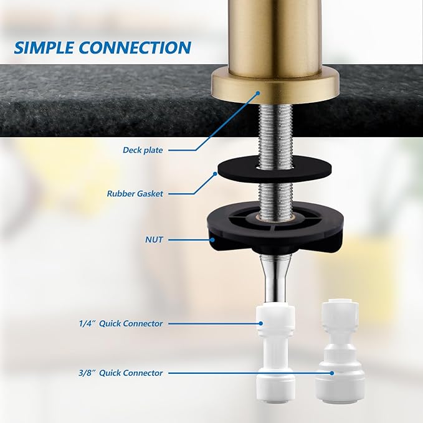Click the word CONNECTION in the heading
[142, 47]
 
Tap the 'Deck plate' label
[143, 150]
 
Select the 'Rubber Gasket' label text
[135, 194]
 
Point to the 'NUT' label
[153, 239]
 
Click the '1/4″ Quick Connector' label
[121, 323]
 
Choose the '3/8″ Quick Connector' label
[121, 373]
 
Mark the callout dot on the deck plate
[257, 93]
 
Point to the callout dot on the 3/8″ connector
[332, 373]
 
